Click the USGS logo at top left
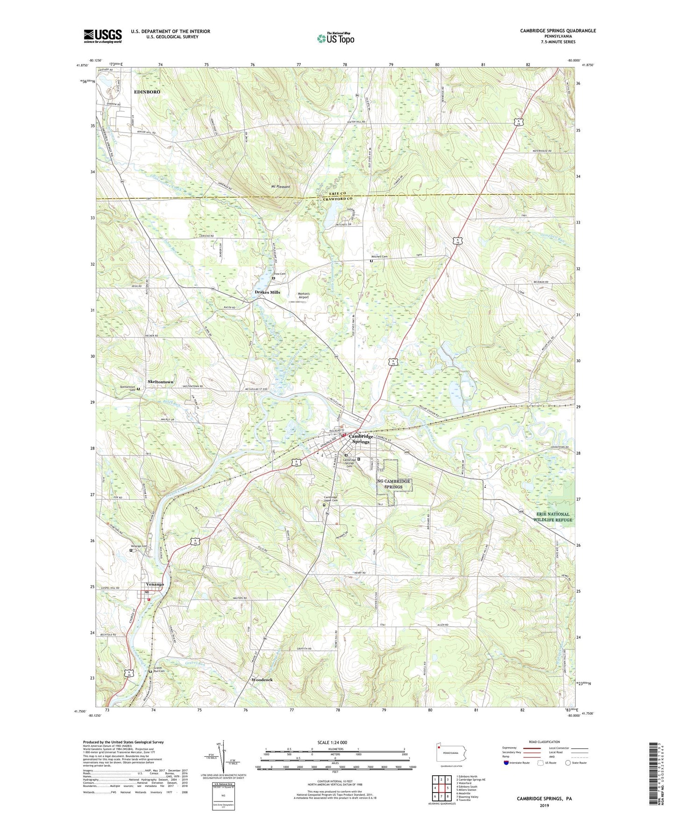pyautogui.click(x=103, y=36)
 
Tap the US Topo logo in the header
pyautogui.click(x=335, y=38)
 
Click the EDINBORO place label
pyautogui.click(x=147, y=92)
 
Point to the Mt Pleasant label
pyautogui.click(x=280, y=187)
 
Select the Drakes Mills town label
pyautogui.click(x=267, y=292)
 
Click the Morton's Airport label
pyautogui.click(x=304, y=295)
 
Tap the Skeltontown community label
pyautogui.click(x=160, y=382)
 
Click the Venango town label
pyautogui.click(x=155, y=584)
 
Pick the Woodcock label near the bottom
pyautogui.click(x=262, y=680)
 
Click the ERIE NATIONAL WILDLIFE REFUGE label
pyautogui.click(x=553, y=517)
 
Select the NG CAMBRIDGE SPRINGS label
pyautogui.click(x=393, y=484)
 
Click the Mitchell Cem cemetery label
pyautogui.click(x=379, y=256)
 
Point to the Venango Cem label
pyautogui.click(x=138, y=546)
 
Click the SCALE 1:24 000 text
pyautogui.click(x=332, y=743)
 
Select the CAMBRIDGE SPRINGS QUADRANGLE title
pyautogui.click(x=558, y=31)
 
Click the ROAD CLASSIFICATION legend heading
pyautogui.click(x=544, y=742)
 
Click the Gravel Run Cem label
pyautogui.click(x=158, y=669)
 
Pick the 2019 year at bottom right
pyautogui.click(x=544, y=805)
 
